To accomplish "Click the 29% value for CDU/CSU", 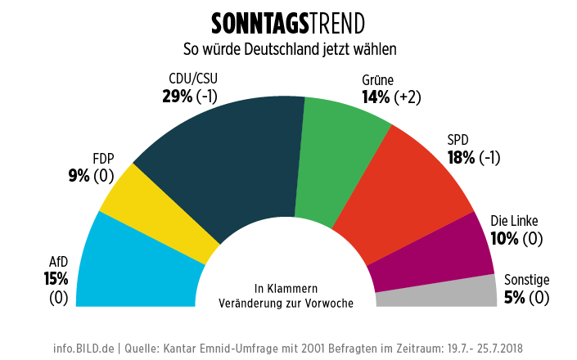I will [x=178, y=97].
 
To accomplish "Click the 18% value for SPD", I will [x=461, y=157].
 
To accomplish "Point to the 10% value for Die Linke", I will [x=504, y=239].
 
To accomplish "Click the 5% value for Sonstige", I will [x=514, y=298].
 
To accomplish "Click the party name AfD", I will [x=57, y=262].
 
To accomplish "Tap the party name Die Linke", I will [x=515, y=221].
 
